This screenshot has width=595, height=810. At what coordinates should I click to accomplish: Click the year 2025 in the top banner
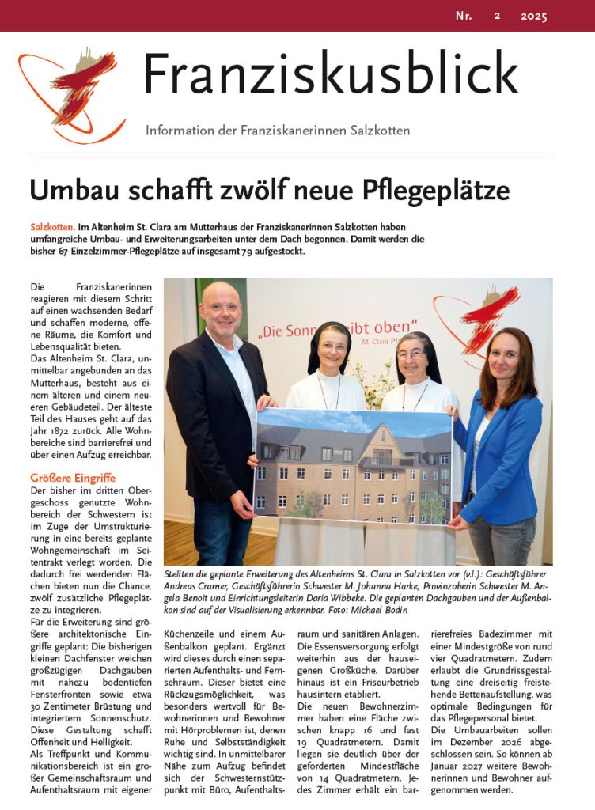click(534, 16)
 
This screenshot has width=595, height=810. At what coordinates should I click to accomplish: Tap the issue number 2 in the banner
click(497, 16)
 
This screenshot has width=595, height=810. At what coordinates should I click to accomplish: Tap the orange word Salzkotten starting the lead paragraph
click(53, 227)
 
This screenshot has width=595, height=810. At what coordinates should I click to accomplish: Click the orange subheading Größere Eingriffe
click(73, 478)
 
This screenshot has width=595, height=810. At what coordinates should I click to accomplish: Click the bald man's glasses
click(223, 307)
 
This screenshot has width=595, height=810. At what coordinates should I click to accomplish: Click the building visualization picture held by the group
click(352, 467)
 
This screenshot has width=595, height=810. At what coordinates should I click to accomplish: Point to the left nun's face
click(333, 346)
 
